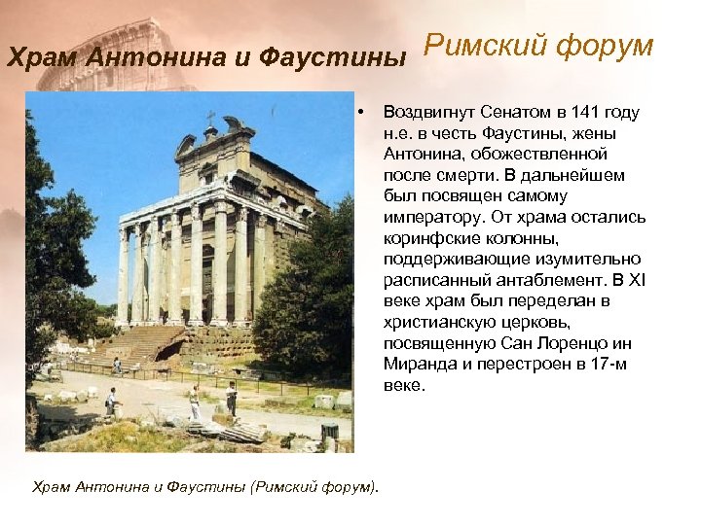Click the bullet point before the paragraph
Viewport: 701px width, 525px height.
(x=360, y=112)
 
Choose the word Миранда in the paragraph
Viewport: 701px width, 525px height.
(x=416, y=364)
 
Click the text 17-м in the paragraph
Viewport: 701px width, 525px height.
(x=601, y=364)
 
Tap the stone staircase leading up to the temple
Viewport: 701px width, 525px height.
(x=146, y=345)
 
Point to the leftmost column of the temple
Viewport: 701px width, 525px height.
(x=123, y=277)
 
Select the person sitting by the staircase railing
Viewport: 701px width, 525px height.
(x=117, y=365)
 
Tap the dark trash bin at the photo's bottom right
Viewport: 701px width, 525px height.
(x=331, y=431)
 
